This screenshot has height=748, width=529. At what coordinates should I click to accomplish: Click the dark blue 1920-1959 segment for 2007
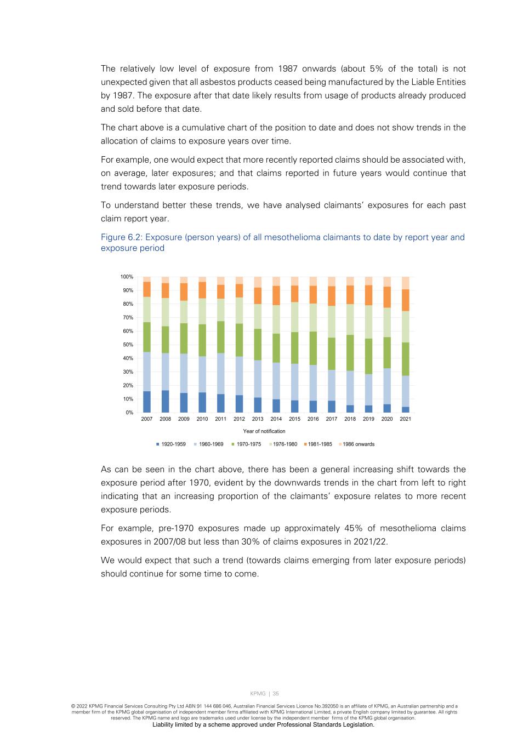(147, 402)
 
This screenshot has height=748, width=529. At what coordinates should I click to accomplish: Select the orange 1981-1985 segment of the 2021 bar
(405, 300)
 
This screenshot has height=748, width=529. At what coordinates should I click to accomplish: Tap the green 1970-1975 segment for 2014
(276, 348)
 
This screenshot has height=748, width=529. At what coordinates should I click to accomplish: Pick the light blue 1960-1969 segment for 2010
(202, 374)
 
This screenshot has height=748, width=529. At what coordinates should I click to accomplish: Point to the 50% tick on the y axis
(127, 345)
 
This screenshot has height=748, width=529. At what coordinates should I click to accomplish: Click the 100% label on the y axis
(127, 277)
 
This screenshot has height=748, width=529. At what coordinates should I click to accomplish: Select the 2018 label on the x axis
(350, 419)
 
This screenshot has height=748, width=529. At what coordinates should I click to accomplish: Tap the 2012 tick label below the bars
(239, 419)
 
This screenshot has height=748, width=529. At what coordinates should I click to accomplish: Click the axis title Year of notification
(264, 431)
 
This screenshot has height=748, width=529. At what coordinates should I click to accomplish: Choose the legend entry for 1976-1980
(285, 444)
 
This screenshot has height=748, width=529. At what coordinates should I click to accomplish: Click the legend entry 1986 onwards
(358, 444)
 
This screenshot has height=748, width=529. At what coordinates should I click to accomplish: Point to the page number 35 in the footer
(276, 694)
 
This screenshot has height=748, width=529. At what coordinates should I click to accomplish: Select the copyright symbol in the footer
(73, 706)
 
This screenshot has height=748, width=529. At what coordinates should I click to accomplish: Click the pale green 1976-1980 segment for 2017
(332, 322)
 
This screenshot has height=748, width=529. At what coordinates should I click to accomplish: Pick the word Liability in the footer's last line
(165, 724)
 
